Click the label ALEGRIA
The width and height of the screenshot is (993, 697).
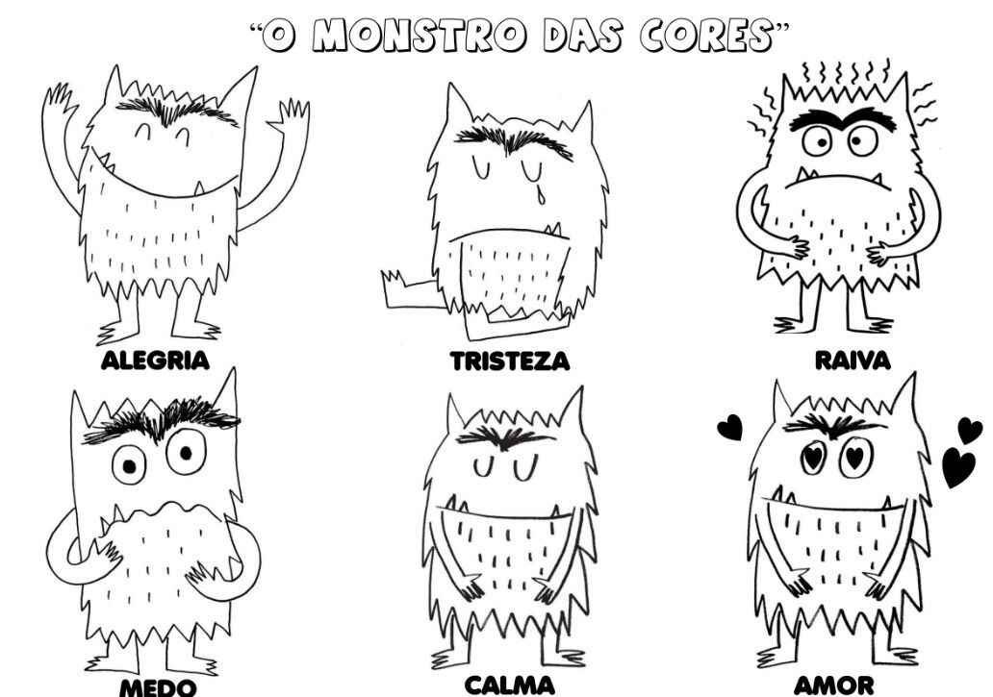155,361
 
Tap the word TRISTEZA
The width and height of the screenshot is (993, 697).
511,361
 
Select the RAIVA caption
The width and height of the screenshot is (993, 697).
853,361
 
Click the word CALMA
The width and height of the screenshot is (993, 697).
510,685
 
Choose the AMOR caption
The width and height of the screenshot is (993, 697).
834,685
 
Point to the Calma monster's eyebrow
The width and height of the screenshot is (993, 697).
500,436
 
